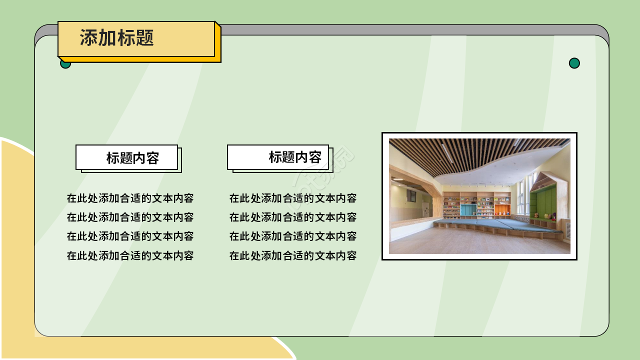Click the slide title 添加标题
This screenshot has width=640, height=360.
[x=116, y=38]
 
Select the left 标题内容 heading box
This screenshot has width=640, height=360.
[x=127, y=157]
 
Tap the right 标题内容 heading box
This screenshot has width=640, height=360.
[x=278, y=157]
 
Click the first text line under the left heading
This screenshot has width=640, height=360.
[x=130, y=198]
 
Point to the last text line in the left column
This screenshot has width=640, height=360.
[x=130, y=255]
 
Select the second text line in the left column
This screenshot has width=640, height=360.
[x=130, y=217]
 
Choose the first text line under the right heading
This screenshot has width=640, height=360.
[x=292, y=198]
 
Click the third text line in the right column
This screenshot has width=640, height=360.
[x=292, y=236]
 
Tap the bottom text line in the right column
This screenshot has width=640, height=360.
[x=292, y=255]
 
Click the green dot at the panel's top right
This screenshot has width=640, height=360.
[x=574, y=63]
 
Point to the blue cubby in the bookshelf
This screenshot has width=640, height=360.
[x=468, y=210]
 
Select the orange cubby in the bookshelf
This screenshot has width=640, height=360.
[x=502, y=209]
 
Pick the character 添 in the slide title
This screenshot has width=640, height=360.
[x=88, y=38]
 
